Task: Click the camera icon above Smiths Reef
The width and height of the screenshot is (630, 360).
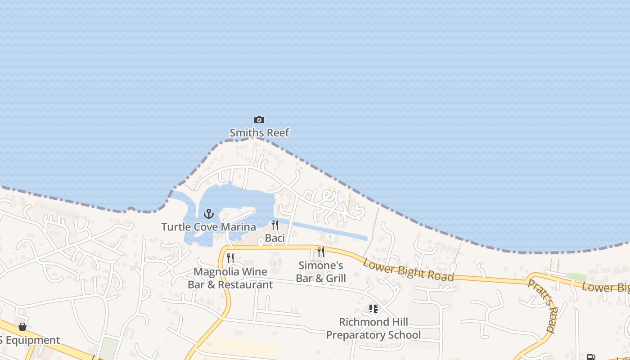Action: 259,120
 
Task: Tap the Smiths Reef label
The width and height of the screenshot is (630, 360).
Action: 259,133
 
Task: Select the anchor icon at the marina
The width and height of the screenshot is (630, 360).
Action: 208,214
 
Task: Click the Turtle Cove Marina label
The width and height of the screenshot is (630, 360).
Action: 209,227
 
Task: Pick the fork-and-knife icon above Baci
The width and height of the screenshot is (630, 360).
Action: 274,225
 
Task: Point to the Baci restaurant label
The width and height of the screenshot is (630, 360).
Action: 274,238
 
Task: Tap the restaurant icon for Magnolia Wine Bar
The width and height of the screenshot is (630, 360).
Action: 230,258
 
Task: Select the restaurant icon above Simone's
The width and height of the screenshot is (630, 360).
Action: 321,252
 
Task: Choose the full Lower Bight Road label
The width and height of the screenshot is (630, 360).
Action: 408,269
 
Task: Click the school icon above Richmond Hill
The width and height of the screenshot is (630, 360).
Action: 373,309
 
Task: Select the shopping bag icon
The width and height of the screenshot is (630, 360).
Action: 22,326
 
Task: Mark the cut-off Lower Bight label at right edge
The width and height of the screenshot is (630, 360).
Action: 606,288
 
